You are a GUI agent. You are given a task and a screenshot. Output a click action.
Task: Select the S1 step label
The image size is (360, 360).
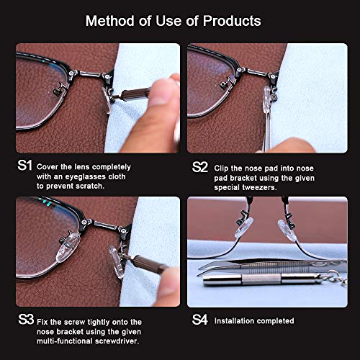[25, 165]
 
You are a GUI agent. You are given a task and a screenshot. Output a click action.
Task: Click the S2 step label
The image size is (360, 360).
[199, 166]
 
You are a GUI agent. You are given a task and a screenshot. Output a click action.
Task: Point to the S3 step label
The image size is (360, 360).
[25, 320]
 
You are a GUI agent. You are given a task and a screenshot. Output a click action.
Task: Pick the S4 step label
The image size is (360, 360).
[199, 320]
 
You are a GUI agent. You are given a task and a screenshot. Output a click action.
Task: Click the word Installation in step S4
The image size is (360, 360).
[239, 320]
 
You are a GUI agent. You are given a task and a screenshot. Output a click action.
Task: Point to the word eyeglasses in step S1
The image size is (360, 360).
[87, 175]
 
